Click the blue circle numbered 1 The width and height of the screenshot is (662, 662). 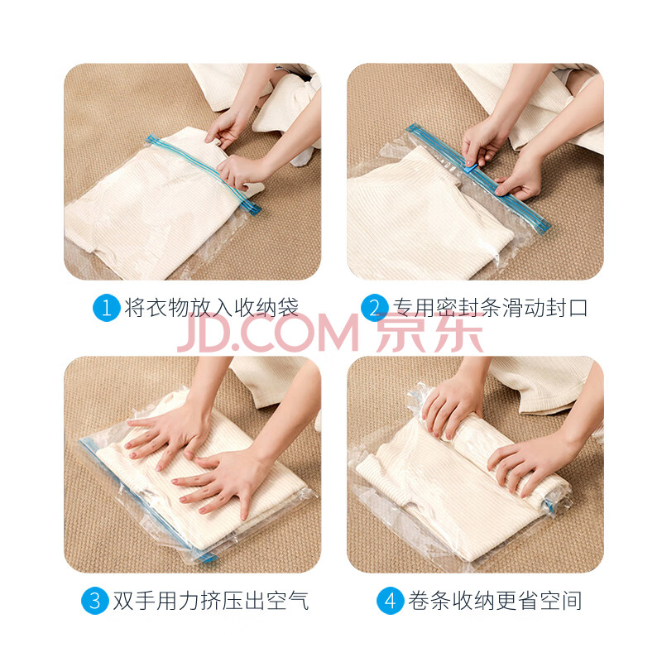pos(107,308)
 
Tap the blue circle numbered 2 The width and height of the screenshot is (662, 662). pos(375,308)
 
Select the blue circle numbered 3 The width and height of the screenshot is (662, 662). pos(95,601)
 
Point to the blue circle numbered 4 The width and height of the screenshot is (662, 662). pos(390,601)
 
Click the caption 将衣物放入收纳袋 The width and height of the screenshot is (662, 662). pos(212,307)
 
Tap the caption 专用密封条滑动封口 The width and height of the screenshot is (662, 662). pos(490,307)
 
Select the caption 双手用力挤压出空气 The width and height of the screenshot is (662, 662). pos(211,601)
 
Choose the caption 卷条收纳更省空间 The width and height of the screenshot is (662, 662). pos(495,601)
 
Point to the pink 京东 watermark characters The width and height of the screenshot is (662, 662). pos(429,333)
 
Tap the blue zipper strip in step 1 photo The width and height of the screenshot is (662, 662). pos(203,175)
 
